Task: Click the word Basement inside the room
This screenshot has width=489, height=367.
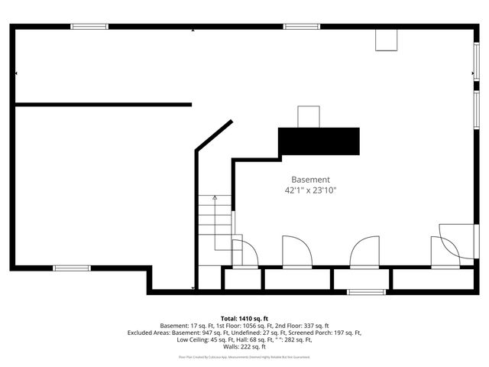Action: [x=311, y=179]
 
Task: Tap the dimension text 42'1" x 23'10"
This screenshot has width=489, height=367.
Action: [x=311, y=190]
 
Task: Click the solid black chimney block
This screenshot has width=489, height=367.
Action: [x=319, y=141]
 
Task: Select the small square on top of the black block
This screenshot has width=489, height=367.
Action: [x=309, y=116]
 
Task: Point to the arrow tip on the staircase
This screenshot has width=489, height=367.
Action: [x=215, y=197]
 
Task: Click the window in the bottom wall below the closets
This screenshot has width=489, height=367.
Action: [x=363, y=291]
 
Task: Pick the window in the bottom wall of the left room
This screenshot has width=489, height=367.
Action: [x=72, y=268]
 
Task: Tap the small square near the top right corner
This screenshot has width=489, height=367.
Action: [x=386, y=41]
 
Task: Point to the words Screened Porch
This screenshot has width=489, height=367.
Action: [x=316, y=333]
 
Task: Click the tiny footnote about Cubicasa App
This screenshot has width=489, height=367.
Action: [x=244, y=356]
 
